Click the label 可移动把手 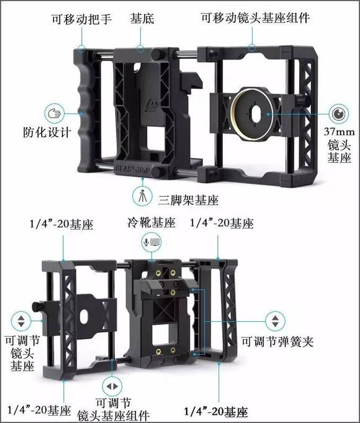click(x=81, y=19)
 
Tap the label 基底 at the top click(x=142, y=19)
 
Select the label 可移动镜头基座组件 click(x=255, y=18)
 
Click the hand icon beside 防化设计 click(x=55, y=114)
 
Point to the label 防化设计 click(x=47, y=132)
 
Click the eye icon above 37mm click(x=339, y=114)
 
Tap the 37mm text click(x=340, y=132)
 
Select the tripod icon click(x=142, y=196)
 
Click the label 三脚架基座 click(x=188, y=200)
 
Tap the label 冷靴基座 click(x=151, y=223)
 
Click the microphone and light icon click(x=152, y=242)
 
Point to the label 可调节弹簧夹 click(x=277, y=342)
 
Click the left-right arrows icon click(x=112, y=386)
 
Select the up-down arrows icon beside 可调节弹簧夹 click(x=275, y=321)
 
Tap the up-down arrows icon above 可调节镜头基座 click(x=21, y=321)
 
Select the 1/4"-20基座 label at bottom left click(x=39, y=411)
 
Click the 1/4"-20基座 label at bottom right click(x=216, y=412)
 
